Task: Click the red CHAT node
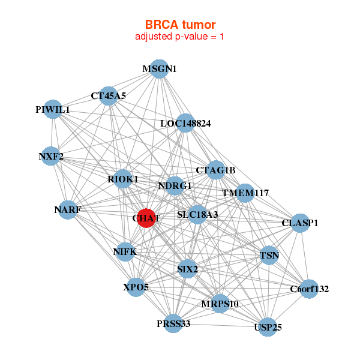click(x=146, y=218)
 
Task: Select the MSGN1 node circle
click(x=159, y=69)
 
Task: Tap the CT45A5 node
click(x=109, y=95)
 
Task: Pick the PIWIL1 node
click(x=53, y=110)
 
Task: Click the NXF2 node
click(x=51, y=157)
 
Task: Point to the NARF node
click(x=67, y=210)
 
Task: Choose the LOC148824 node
click(x=185, y=124)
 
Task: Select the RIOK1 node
click(x=123, y=179)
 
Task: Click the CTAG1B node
click(x=215, y=170)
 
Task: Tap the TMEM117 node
click(x=245, y=193)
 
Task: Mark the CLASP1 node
click(x=300, y=223)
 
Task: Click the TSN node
click(x=269, y=256)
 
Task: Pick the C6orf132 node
click(x=309, y=289)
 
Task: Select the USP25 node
click(x=268, y=327)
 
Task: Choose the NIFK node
click(x=125, y=252)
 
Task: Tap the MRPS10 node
click(x=220, y=304)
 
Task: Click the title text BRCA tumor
click(x=180, y=25)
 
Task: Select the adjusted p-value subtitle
click(x=180, y=37)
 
